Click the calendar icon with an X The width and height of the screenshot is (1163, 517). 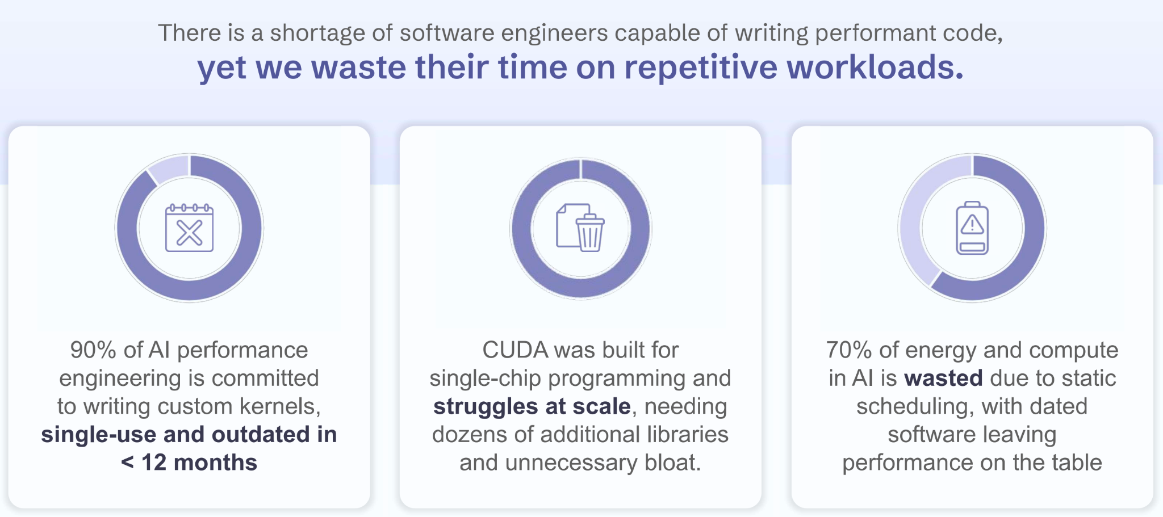coord(189,228)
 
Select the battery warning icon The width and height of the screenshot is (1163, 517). coord(972,228)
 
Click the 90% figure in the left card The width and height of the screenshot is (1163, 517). coord(93,350)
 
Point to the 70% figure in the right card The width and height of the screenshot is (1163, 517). coord(848,350)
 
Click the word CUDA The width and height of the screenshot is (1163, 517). coord(515,350)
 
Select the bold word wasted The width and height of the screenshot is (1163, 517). coord(943,379)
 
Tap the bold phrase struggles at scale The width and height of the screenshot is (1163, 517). coord(532,406)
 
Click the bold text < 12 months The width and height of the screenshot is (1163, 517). coord(189,463)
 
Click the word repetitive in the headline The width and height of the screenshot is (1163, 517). coord(701,67)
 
